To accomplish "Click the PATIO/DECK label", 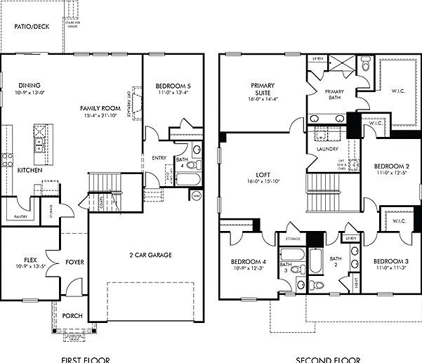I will click(x=33, y=28).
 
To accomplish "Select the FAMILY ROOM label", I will click(x=100, y=108).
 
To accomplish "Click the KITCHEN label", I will click(x=29, y=171).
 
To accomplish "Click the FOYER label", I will click(x=75, y=262).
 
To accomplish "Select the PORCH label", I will click(x=72, y=316).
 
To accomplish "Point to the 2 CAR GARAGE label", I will click(x=150, y=255).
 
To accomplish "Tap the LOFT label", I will click(x=264, y=175).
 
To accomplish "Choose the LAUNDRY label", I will click(x=328, y=149).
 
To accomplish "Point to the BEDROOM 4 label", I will click(x=249, y=263).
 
